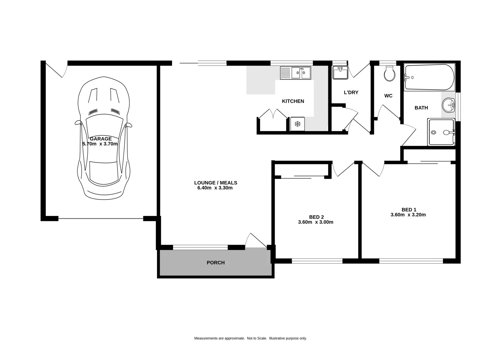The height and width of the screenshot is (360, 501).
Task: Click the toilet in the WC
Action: [389, 74]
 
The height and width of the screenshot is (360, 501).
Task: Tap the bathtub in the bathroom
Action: [429, 77]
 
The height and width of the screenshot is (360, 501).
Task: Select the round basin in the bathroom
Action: [449, 105]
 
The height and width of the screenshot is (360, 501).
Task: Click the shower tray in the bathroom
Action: [441, 132]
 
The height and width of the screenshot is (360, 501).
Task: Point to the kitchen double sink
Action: [295, 73]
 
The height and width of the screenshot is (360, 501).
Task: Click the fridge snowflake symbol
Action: [297, 124]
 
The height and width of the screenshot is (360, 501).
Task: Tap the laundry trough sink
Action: [340, 73]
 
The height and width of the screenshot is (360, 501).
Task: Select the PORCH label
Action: [215, 263]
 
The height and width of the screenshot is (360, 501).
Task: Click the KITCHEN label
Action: [293, 101]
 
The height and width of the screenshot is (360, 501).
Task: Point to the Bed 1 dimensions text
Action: [408, 215]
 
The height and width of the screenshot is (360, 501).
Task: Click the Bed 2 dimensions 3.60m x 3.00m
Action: [315, 222]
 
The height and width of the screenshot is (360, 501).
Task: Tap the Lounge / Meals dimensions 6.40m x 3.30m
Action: [215, 188]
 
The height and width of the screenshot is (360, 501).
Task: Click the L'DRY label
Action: [351, 92]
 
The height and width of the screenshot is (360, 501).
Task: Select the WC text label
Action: [388, 96]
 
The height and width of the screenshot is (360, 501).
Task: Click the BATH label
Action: [421, 108]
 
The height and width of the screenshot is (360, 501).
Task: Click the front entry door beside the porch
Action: [256, 240]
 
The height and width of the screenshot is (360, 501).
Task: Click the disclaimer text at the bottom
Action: [250, 338]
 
